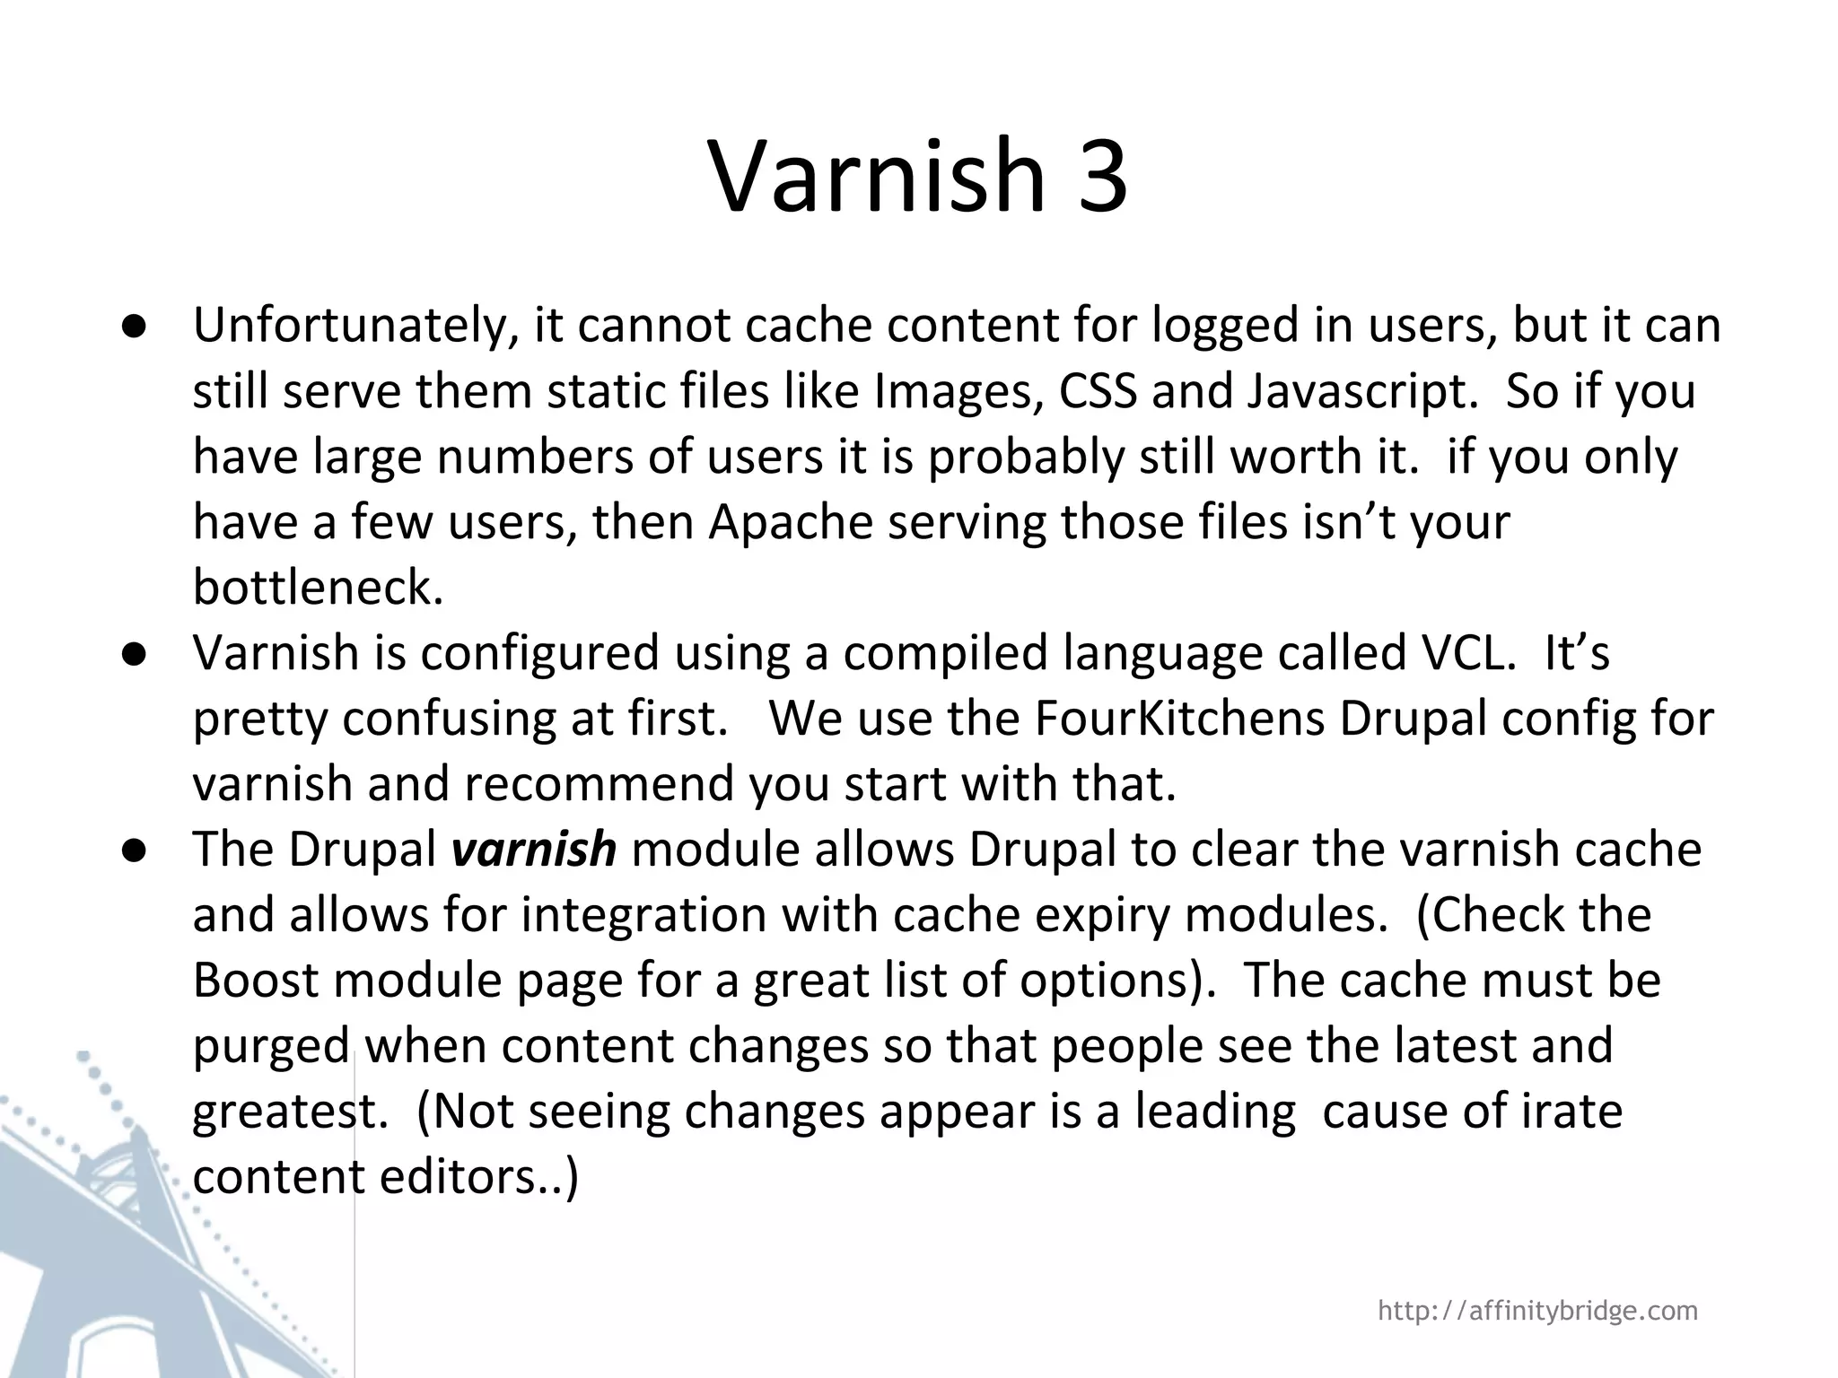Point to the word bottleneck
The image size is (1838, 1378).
tap(318, 589)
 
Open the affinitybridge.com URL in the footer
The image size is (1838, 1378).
tap(1537, 1311)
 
